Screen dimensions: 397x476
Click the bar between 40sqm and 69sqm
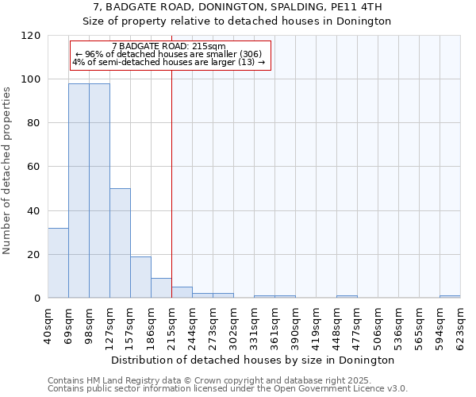58,263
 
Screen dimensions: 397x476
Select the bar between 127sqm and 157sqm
120,243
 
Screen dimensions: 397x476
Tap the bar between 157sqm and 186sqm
140,277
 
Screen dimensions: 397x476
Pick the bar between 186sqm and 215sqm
161,288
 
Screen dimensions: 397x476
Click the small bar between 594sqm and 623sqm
450,297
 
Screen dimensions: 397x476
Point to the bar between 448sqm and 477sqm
347,297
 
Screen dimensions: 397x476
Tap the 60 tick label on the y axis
33,167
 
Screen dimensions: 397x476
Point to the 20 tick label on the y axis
33,255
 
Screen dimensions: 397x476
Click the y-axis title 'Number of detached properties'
7,171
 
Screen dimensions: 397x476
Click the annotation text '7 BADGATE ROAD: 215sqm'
169,47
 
